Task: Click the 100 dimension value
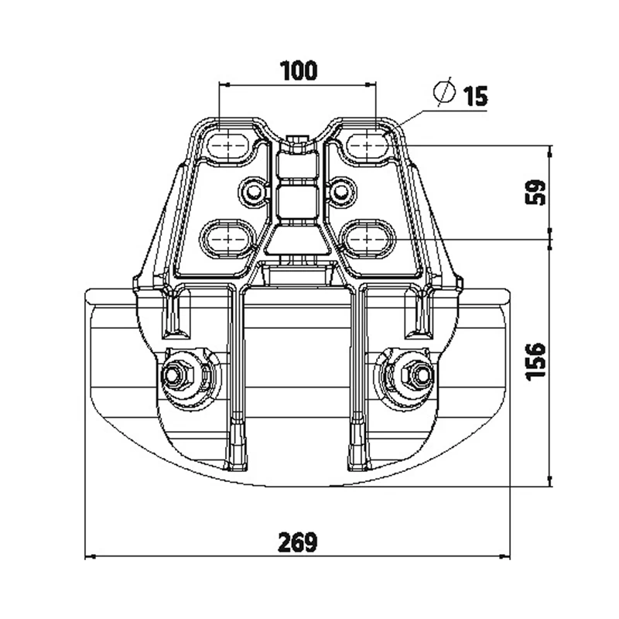pyautogui.click(x=299, y=70)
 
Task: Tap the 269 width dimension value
pyautogui.click(x=298, y=542)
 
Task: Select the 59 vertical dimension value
pyautogui.click(x=535, y=192)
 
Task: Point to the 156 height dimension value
pyautogui.click(x=535, y=361)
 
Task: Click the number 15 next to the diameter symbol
pyautogui.click(x=476, y=96)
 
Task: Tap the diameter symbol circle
pyautogui.click(x=444, y=91)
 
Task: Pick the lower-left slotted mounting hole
pyautogui.click(x=228, y=239)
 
